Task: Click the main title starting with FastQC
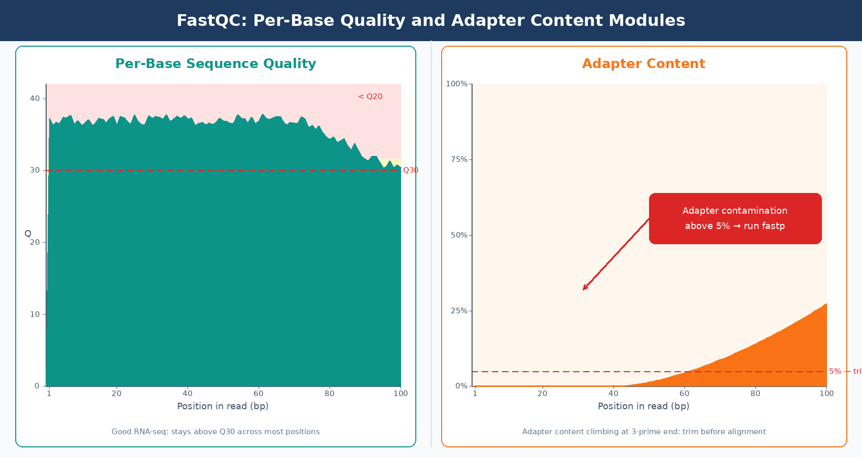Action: pyautogui.click(x=430, y=20)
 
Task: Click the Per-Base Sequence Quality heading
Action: pyautogui.click(x=215, y=63)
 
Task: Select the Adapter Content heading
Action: pyautogui.click(x=643, y=63)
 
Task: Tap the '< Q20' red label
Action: pyautogui.click(x=370, y=96)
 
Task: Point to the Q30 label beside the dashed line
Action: pyautogui.click(x=410, y=170)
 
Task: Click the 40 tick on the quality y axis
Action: pyautogui.click(x=34, y=99)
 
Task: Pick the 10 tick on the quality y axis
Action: pyautogui.click(x=34, y=314)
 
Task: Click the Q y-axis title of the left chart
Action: pyautogui.click(x=28, y=234)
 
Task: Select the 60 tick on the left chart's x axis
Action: pyautogui.click(x=259, y=394)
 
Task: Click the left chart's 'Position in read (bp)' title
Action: pyautogui.click(x=223, y=406)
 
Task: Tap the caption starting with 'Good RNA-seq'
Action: pyautogui.click(x=215, y=432)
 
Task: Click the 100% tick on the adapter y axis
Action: pyautogui.click(x=456, y=84)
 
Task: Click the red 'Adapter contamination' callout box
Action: pyautogui.click(x=735, y=218)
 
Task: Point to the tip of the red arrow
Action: pyautogui.click(x=584, y=289)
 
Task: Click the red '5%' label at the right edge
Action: pyautogui.click(x=835, y=371)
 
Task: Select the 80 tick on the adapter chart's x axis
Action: pyautogui.click(x=756, y=394)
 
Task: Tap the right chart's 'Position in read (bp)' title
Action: pyautogui.click(x=643, y=406)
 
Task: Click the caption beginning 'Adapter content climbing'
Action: pyautogui.click(x=643, y=432)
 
